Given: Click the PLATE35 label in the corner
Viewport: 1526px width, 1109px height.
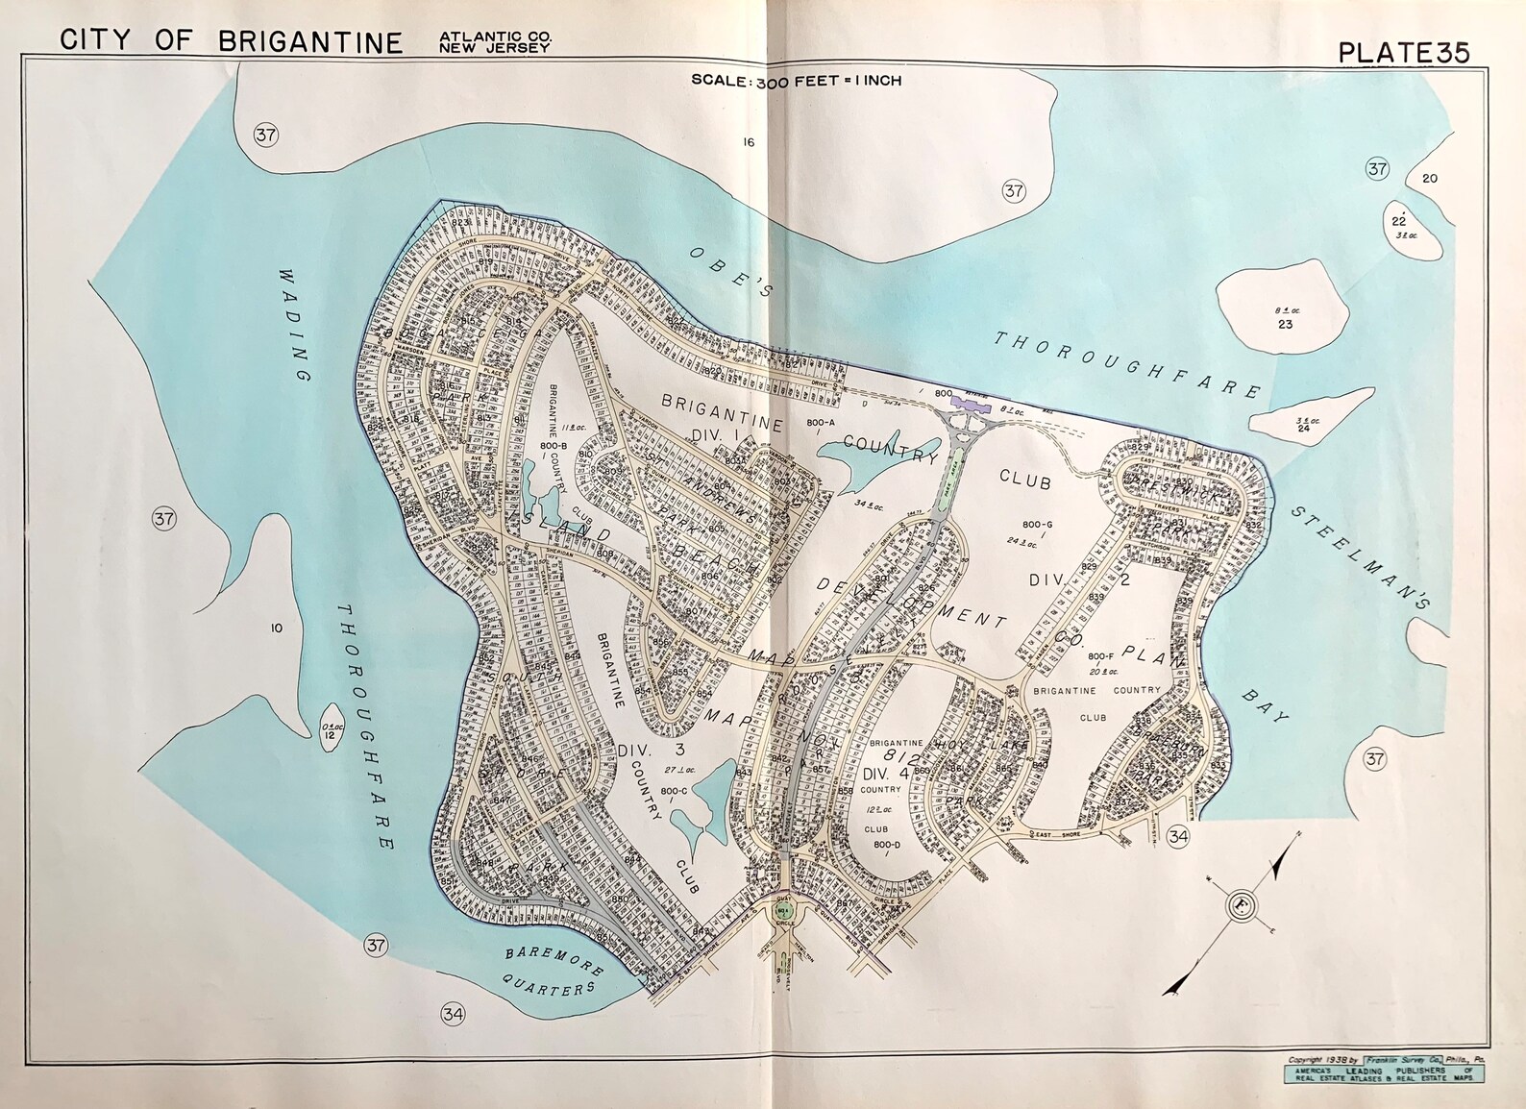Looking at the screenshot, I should (x=1403, y=52).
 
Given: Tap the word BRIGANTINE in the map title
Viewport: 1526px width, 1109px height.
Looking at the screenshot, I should (x=309, y=41).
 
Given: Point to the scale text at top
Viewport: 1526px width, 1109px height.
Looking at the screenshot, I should (x=796, y=81).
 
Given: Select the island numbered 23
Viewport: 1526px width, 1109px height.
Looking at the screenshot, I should (x=1284, y=317).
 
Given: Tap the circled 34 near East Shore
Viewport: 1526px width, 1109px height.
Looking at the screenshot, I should (x=1177, y=836).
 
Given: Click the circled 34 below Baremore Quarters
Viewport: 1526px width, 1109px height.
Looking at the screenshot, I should (x=453, y=1013).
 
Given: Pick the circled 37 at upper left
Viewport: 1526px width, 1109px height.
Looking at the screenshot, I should (x=265, y=135).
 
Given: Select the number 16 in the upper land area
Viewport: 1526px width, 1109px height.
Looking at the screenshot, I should (x=748, y=142).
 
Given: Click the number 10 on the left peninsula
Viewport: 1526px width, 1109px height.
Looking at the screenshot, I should (x=276, y=628).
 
